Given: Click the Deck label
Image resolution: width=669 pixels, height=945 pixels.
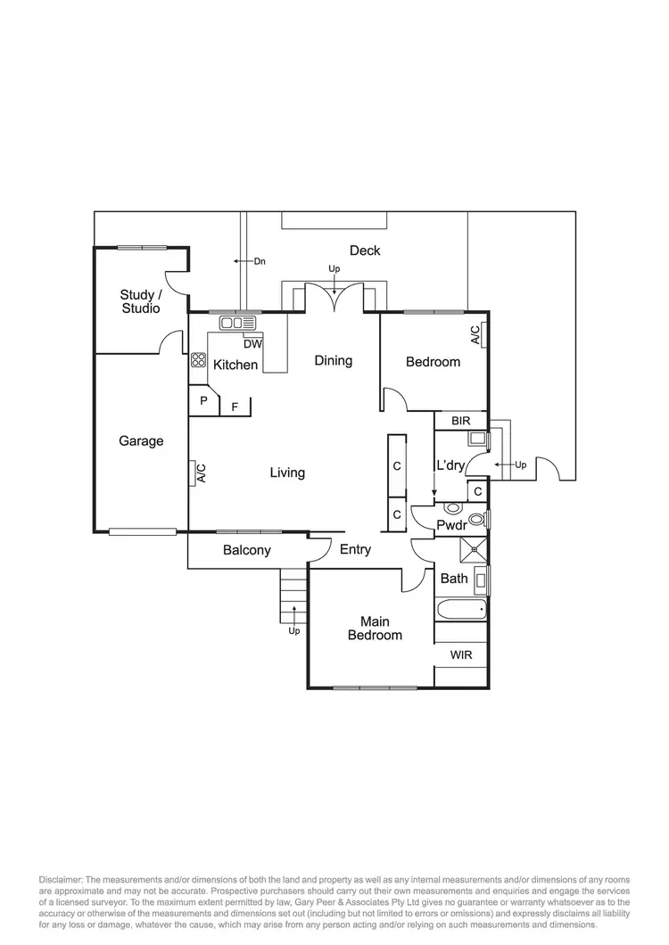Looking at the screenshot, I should tap(365, 251).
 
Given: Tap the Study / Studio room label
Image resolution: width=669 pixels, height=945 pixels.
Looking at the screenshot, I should tap(141, 301).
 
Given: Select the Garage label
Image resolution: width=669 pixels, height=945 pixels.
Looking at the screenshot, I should tap(141, 440).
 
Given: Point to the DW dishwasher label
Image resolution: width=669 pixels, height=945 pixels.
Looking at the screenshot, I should tap(252, 344).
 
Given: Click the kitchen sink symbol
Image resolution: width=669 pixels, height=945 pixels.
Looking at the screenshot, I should tap(238, 323).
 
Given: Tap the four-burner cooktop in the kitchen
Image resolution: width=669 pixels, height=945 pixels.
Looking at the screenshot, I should tap(198, 361).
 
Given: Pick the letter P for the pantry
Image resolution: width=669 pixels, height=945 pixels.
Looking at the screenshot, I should tap(203, 401).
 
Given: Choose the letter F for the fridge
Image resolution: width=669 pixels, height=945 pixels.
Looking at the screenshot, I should tap(235, 407).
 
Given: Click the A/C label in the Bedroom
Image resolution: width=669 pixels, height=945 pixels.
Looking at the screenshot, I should tap(475, 335).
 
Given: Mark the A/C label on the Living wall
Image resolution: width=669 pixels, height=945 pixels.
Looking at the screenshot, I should tap(201, 473).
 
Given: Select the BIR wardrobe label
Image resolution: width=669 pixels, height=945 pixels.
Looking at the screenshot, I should tap(461, 421).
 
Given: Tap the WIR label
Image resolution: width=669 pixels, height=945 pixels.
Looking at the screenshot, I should tap(461, 655).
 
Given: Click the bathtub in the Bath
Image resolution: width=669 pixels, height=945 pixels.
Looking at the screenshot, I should tap(461, 611).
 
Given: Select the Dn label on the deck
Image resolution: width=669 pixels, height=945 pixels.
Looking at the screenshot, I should tap(260, 261).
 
